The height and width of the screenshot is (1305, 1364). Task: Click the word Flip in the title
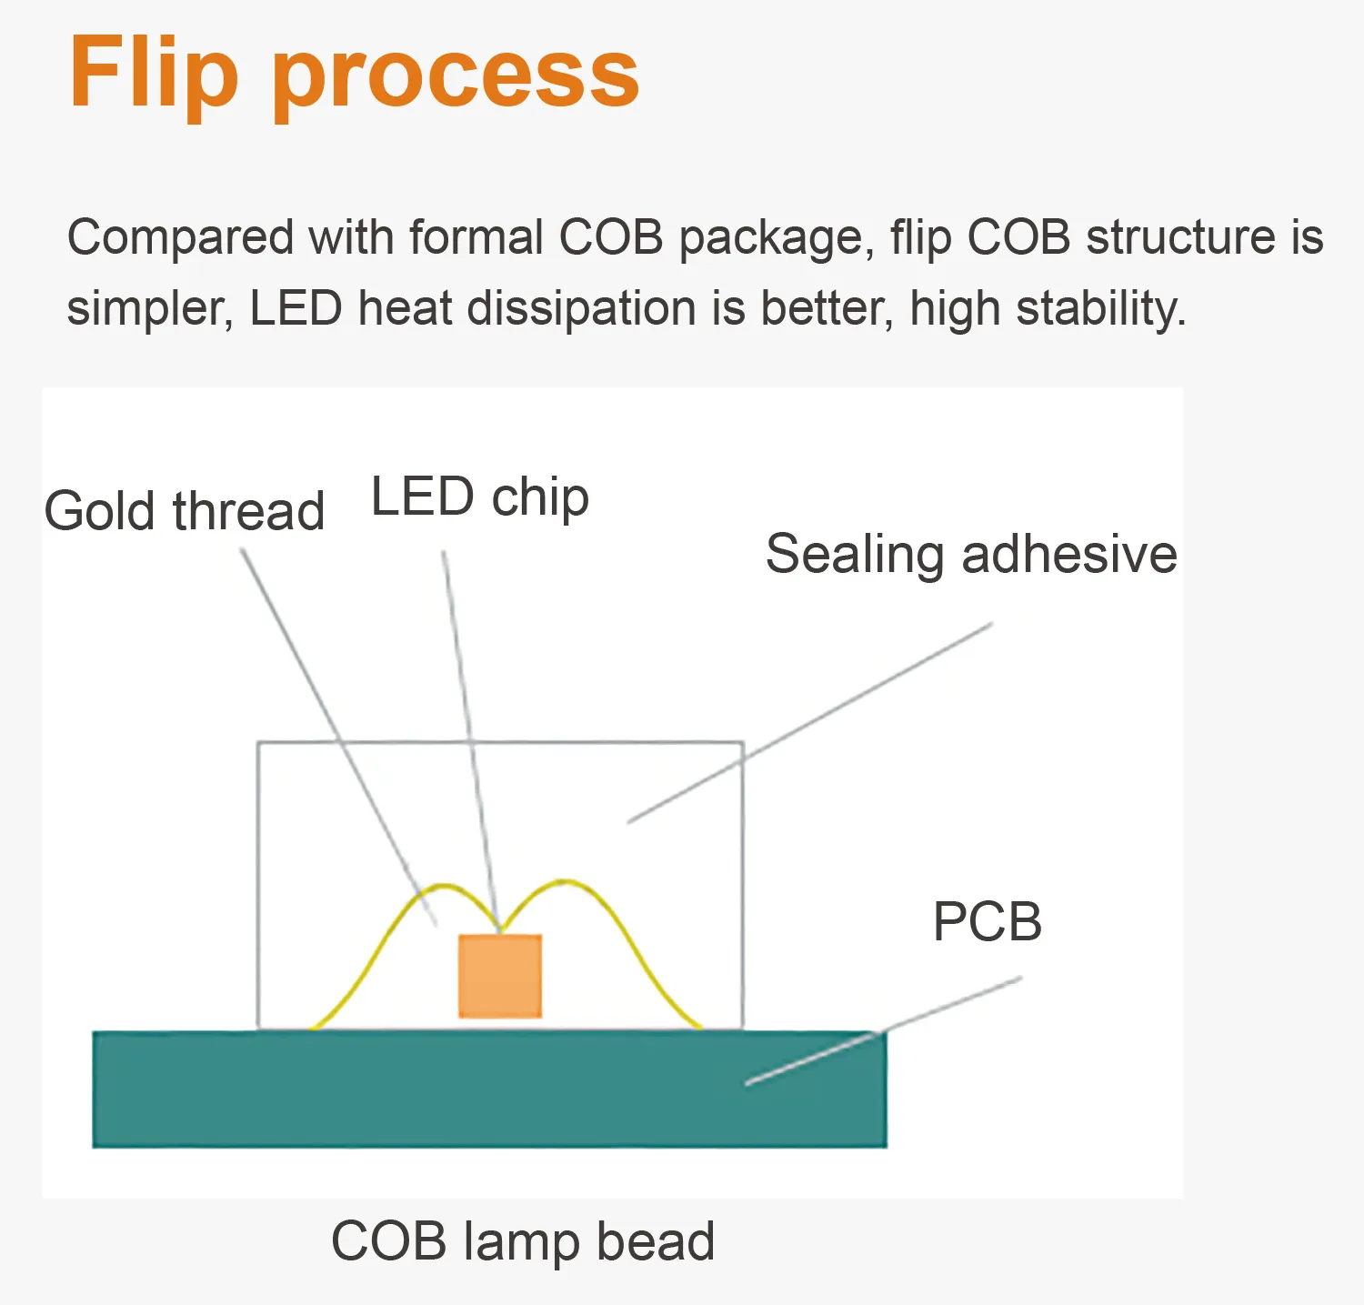point(153,73)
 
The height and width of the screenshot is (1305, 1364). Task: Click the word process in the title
point(456,77)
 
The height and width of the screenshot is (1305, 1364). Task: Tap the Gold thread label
point(185,511)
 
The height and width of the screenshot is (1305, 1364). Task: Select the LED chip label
point(480,497)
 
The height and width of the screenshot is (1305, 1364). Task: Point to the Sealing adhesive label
point(971,555)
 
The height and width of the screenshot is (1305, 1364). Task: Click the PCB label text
point(988,922)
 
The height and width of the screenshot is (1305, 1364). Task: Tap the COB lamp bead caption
point(523,1242)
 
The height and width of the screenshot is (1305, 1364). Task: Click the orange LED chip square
point(500,976)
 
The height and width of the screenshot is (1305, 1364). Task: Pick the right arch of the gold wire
point(618,928)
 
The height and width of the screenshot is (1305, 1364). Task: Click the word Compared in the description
point(181,238)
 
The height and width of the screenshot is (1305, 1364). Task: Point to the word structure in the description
point(1181,238)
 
